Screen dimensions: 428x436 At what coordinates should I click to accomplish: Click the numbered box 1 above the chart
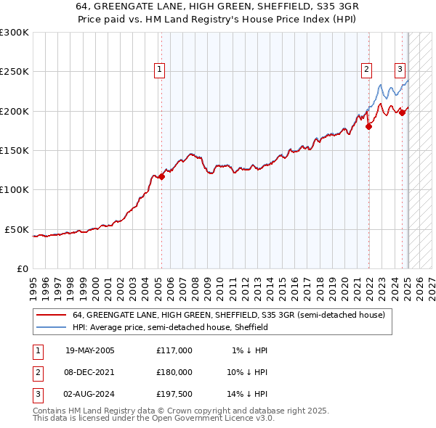pyautogui.click(x=159, y=70)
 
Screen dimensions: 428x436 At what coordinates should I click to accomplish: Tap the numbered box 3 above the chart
pyautogui.click(x=400, y=70)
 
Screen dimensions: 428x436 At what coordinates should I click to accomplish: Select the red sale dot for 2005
pyautogui.click(x=162, y=176)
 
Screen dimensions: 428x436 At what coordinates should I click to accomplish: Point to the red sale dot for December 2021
pyautogui.click(x=368, y=126)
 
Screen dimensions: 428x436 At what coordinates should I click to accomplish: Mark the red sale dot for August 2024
pyautogui.click(x=402, y=112)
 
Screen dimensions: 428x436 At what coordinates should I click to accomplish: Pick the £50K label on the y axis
pyautogui.click(x=17, y=229)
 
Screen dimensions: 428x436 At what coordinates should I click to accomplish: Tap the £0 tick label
pyautogui.click(x=23, y=268)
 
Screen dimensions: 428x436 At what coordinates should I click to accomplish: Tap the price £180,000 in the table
pyautogui.click(x=174, y=372)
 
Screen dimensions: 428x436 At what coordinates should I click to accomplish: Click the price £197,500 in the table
pyautogui.click(x=174, y=394)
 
